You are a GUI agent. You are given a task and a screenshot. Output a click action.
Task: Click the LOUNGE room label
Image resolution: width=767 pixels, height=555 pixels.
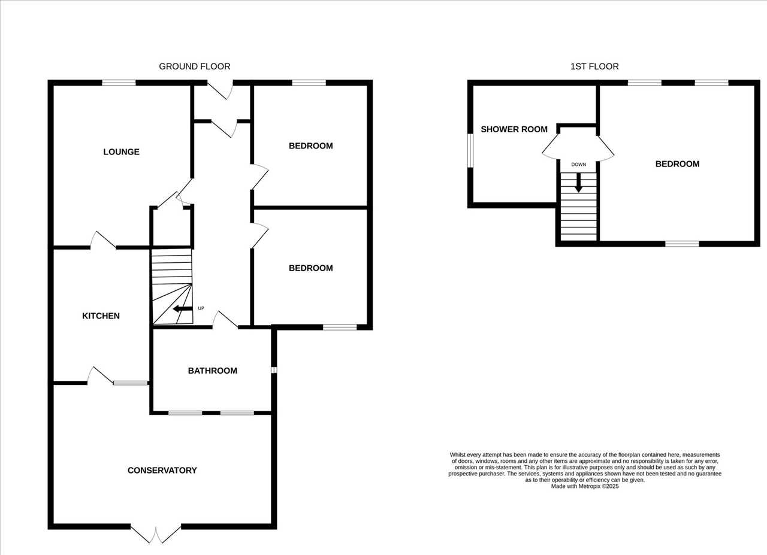pyautogui.click(x=121, y=152)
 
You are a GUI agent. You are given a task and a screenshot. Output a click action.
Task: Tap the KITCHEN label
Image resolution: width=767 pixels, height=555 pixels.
pyautogui.click(x=101, y=316)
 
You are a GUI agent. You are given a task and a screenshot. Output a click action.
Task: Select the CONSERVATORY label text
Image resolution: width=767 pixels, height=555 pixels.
pyautogui.click(x=162, y=471)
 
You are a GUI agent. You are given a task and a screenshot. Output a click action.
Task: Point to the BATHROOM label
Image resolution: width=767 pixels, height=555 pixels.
pyautogui.click(x=212, y=371)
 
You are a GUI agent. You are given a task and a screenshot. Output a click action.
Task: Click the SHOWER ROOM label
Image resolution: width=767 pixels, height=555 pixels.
pyautogui.click(x=514, y=129)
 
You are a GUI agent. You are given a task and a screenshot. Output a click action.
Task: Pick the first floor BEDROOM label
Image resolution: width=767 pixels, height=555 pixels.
pyautogui.click(x=677, y=164)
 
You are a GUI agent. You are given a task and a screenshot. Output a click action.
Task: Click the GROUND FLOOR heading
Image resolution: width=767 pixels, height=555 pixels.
pyautogui.click(x=195, y=66)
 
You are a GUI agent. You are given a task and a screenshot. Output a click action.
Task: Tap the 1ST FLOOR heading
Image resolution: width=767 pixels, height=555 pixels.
pyautogui.click(x=594, y=66)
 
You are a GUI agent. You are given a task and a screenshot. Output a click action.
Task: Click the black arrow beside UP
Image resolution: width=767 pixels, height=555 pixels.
pyautogui.click(x=183, y=309)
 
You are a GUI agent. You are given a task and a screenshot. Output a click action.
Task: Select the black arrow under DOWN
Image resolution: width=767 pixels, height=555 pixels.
pyautogui.click(x=579, y=183)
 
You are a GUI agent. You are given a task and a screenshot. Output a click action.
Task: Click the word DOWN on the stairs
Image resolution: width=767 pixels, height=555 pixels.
pyautogui.click(x=579, y=165)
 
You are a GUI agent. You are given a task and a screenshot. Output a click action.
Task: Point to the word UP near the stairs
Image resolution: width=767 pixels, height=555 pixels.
pyautogui.click(x=201, y=308)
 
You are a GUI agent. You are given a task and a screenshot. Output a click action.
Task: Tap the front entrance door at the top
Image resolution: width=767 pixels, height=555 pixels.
pyautogui.click(x=220, y=90)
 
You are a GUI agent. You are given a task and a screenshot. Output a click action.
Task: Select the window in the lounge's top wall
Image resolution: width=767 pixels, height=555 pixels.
pyautogui.click(x=119, y=83)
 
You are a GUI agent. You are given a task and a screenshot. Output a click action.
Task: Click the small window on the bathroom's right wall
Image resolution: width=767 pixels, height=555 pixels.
pyautogui.click(x=274, y=370)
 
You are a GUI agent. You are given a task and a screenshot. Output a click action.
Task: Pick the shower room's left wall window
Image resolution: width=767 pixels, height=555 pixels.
pyautogui.click(x=470, y=150)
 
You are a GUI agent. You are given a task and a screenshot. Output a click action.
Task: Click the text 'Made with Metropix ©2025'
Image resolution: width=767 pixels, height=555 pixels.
pyautogui.click(x=585, y=486)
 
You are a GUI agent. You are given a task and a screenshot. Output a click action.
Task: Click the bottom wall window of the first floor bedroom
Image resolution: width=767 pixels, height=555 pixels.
pyautogui.click(x=682, y=244)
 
